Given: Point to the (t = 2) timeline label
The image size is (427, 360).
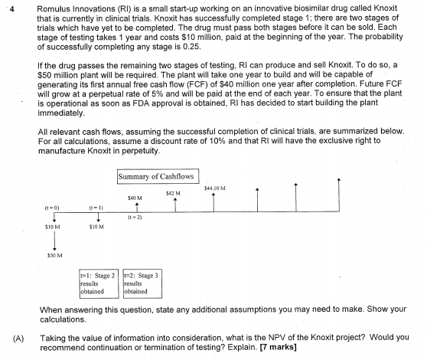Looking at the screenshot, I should pyautogui.click(x=135, y=218).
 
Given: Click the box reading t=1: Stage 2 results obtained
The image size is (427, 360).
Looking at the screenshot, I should pyautogui.click(x=98, y=282).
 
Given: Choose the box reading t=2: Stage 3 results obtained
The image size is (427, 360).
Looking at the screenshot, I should pyautogui.click(x=141, y=282).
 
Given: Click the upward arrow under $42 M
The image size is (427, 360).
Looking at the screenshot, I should pyautogui.click(x=175, y=204).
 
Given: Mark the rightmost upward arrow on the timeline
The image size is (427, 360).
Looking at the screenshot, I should pyautogui.click(x=337, y=195).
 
